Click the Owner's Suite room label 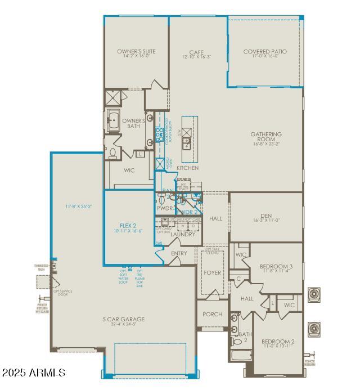pyautogui.click(x=136, y=51)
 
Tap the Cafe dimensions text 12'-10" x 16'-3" pyautogui.click(x=196, y=57)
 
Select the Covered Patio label pyautogui.click(x=264, y=51)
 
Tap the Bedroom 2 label pyautogui.click(x=278, y=342)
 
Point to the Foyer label pyautogui.click(x=213, y=273)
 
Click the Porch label pyautogui.click(x=213, y=314)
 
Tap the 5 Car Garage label pyautogui.click(x=120, y=320)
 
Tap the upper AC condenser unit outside pyautogui.click(x=313, y=294)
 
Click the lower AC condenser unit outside pyautogui.click(x=313, y=328)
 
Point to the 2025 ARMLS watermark pyautogui.click(x=34, y=373)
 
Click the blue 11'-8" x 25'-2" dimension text pyautogui.click(x=78, y=206)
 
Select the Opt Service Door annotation pyautogui.click(x=62, y=293)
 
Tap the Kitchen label pyautogui.click(x=187, y=168)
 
